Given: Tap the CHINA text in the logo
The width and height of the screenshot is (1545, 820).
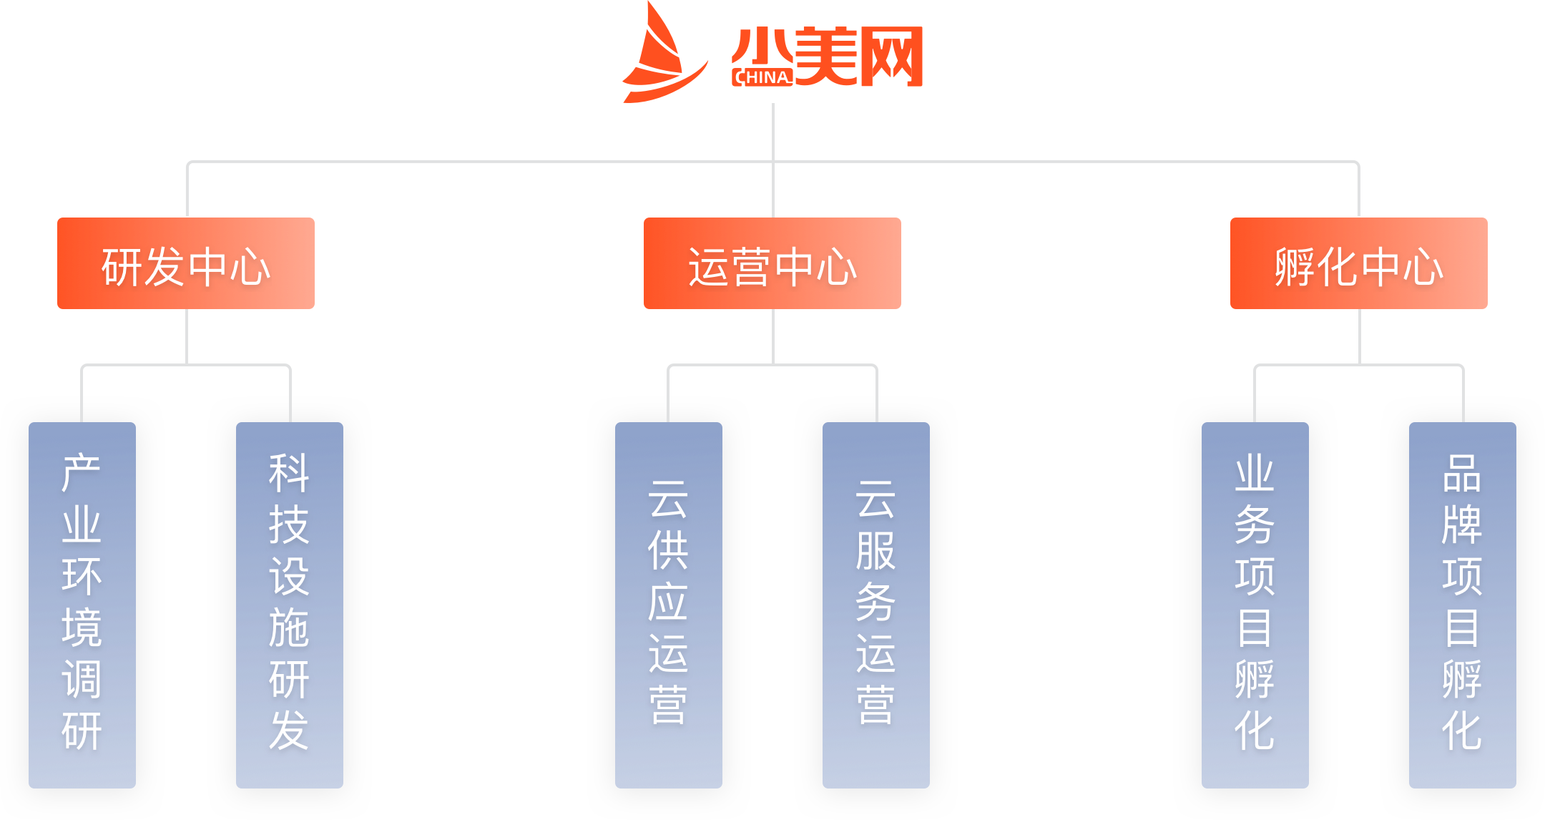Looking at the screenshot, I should point(762,77).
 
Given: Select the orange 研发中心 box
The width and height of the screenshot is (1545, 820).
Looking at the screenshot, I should point(186,263).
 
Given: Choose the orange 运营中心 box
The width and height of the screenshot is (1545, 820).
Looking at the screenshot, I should point(772,263).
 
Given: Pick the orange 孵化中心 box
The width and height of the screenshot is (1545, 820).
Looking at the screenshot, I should point(1359,263).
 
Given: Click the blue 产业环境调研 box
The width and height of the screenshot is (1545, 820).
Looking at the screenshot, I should point(82,605).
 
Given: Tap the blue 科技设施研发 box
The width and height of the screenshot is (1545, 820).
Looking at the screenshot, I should point(290,605).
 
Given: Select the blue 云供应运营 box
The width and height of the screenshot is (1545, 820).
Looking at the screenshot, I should point(669,605).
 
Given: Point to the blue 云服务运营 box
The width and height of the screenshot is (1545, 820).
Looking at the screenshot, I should point(876,605).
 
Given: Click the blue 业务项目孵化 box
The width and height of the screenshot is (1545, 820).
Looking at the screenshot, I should point(1255,605).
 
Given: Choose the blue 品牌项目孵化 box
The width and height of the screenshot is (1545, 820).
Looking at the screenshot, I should point(1463,605).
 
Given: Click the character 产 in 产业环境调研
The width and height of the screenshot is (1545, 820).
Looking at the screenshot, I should point(82,473).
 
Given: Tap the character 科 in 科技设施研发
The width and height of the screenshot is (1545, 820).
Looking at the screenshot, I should point(289,473).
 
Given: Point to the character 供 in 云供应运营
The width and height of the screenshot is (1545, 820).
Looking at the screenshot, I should point(668,550).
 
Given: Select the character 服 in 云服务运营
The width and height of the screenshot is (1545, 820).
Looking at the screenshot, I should point(875,550).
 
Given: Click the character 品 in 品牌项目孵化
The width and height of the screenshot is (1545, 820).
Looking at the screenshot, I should point(1462,473).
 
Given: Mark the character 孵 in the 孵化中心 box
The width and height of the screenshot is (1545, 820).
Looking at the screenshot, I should point(1295,267).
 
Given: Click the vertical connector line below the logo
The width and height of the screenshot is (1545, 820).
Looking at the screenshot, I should point(773,132).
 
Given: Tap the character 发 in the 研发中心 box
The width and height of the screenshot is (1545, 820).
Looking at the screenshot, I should point(165,267).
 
